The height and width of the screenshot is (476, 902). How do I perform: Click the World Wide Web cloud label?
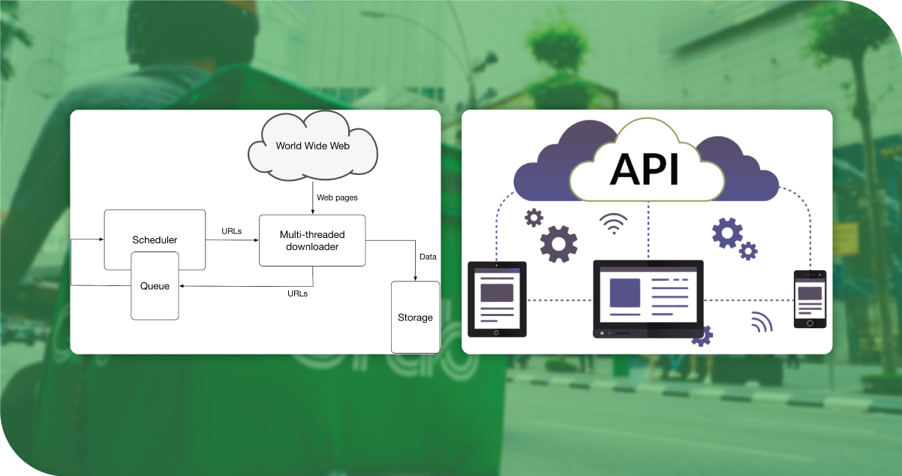point(313,146)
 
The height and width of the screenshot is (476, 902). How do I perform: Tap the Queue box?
point(155,286)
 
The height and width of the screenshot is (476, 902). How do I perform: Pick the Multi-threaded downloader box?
point(312,240)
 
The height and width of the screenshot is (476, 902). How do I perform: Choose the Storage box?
point(415,317)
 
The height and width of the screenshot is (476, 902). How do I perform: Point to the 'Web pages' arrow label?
point(337,197)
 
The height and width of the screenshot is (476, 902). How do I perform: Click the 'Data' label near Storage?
point(428,257)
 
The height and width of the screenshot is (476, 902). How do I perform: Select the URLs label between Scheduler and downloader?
point(232,231)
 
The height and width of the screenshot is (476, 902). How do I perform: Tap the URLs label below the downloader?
point(297,294)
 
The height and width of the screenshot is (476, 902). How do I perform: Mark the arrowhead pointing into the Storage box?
point(416,279)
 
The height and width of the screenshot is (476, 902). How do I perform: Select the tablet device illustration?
point(497,299)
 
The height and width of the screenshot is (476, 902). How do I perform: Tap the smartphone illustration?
point(810,299)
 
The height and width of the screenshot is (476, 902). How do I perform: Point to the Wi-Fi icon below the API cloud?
point(614,223)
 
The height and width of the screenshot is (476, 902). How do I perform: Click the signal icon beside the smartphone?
point(761,321)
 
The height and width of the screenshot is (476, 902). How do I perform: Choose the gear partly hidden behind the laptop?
point(702,336)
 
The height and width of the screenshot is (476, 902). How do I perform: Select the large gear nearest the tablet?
point(559,243)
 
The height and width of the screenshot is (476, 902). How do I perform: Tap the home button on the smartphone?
point(810,323)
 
